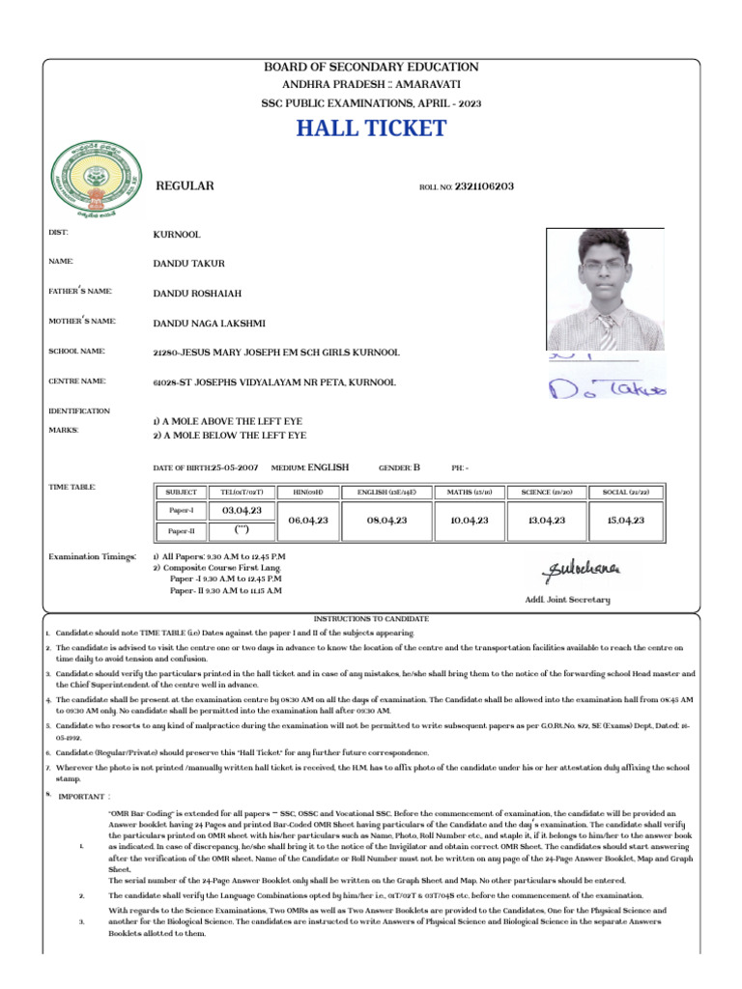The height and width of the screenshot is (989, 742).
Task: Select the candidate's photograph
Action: [604, 290]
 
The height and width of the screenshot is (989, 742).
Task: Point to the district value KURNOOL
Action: [177, 235]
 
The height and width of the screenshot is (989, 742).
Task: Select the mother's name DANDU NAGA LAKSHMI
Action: [209, 323]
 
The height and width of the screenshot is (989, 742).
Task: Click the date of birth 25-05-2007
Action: [235, 467]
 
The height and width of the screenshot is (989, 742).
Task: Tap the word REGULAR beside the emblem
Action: [185, 185]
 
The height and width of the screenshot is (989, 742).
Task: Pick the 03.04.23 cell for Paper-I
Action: [243, 510]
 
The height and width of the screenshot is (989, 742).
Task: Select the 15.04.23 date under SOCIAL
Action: [625, 520]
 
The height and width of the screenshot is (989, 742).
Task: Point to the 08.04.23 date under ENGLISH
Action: [386, 520]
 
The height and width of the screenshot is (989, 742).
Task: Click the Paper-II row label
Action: [182, 531]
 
